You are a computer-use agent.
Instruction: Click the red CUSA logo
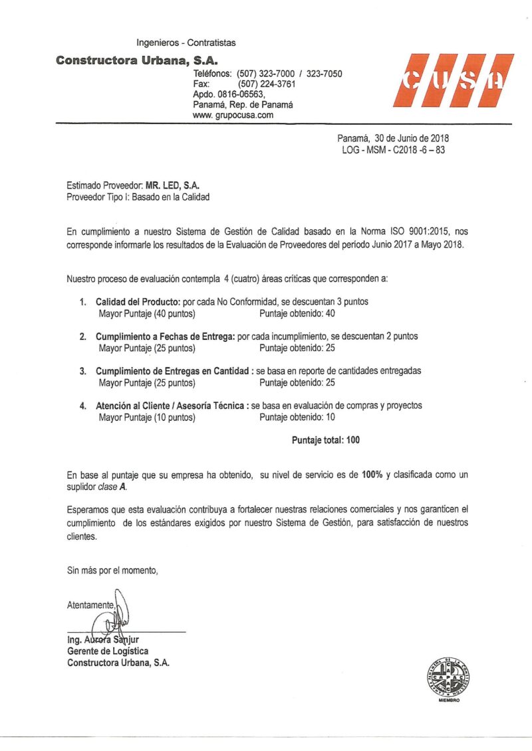[x=453, y=80]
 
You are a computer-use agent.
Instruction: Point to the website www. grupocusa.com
[x=233, y=115]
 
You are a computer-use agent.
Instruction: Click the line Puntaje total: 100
[x=326, y=440]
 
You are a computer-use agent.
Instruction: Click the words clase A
[x=111, y=487]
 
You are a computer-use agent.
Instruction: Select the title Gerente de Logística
[x=108, y=651]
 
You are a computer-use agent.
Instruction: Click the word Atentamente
[x=90, y=605]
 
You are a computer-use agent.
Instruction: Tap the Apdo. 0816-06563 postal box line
[x=229, y=94]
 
